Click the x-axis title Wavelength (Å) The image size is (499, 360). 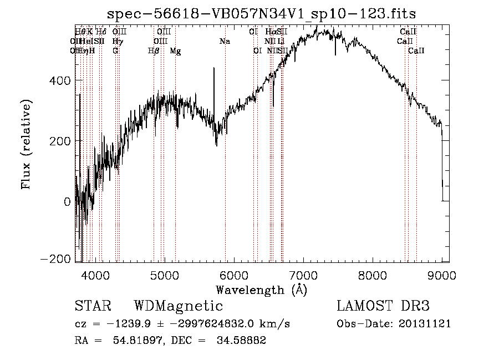(x=261, y=290)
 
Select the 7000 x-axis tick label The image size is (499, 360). (x=303, y=275)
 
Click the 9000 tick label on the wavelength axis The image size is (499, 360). (x=442, y=275)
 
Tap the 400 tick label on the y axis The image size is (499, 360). (x=61, y=80)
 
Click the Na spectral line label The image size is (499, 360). (x=225, y=41)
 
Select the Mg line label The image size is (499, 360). (x=175, y=51)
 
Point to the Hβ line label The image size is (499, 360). (x=154, y=51)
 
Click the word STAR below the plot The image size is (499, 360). (x=93, y=306)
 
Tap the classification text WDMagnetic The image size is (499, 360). (x=178, y=306)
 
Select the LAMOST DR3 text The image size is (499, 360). (x=383, y=306)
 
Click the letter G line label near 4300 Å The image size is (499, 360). (x=115, y=51)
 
